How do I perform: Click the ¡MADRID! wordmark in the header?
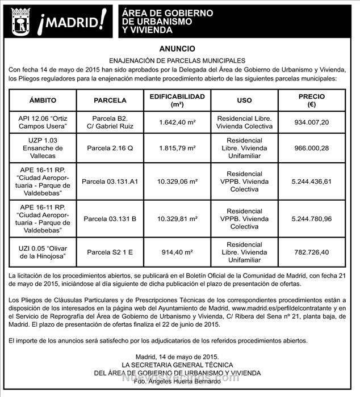[71, 23]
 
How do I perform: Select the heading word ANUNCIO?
[179, 49]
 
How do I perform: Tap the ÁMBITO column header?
[43, 100]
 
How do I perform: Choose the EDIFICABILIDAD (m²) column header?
[177, 100]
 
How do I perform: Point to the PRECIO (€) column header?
[311, 100]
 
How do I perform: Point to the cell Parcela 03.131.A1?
[110, 181]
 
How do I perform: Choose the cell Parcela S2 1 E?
[110, 252]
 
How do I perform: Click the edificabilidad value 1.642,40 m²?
[177, 122]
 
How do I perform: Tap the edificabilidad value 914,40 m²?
[177, 252]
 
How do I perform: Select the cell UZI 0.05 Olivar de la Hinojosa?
[43, 252]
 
